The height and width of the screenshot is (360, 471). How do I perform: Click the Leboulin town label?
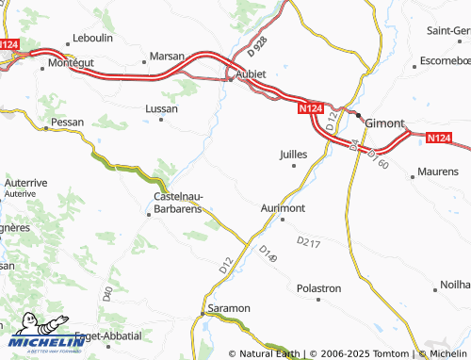click(93, 40)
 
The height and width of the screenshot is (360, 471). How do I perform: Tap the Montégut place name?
click(71, 62)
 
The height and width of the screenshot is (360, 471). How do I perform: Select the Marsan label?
click(167, 57)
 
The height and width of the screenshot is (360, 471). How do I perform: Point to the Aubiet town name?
click(250, 74)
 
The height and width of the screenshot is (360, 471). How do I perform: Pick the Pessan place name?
click(67, 123)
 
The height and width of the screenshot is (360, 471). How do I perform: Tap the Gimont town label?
click(383, 123)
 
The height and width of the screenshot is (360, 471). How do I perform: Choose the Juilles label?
click(296, 154)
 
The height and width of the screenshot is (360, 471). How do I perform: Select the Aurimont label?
click(283, 207)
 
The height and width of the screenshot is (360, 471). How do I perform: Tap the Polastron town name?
click(318, 287)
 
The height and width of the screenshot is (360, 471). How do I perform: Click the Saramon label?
click(229, 308)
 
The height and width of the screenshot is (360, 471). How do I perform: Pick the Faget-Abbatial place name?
click(108, 335)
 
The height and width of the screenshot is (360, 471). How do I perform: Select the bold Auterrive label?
click(25, 182)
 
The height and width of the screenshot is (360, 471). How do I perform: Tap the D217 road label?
click(308, 242)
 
